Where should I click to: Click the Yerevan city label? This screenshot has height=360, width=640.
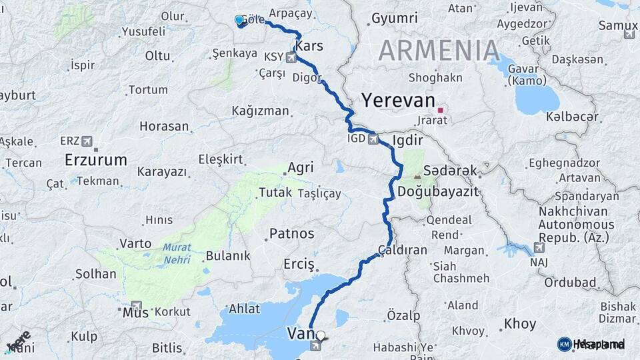click(x=398, y=100)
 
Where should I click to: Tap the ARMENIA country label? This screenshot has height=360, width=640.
click(x=439, y=50)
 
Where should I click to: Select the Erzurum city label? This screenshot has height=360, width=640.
click(x=96, y=160)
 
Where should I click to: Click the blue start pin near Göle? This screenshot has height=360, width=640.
click(x=239, y=20)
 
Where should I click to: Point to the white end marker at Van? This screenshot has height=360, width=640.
click(x=321, y=336)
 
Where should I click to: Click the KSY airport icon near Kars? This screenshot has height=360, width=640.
click(x=291, y=57)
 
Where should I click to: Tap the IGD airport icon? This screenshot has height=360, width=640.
click(x=373, y=140)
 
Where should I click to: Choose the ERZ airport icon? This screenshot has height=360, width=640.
click(x=87, y=141)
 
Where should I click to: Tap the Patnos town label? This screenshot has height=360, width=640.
click(x=291, y=233)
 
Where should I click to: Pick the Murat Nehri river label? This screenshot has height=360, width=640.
click(x=177, y=252)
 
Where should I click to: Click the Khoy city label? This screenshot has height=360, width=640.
click(x=520, y=324)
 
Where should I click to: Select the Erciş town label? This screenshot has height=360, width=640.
click(x=298, y=263)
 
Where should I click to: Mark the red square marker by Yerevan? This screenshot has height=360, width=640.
click(x=440, y=110)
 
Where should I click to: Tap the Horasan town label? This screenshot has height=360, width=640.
click(x=165, y=126)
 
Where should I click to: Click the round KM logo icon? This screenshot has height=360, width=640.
click(x=564, y=343)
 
